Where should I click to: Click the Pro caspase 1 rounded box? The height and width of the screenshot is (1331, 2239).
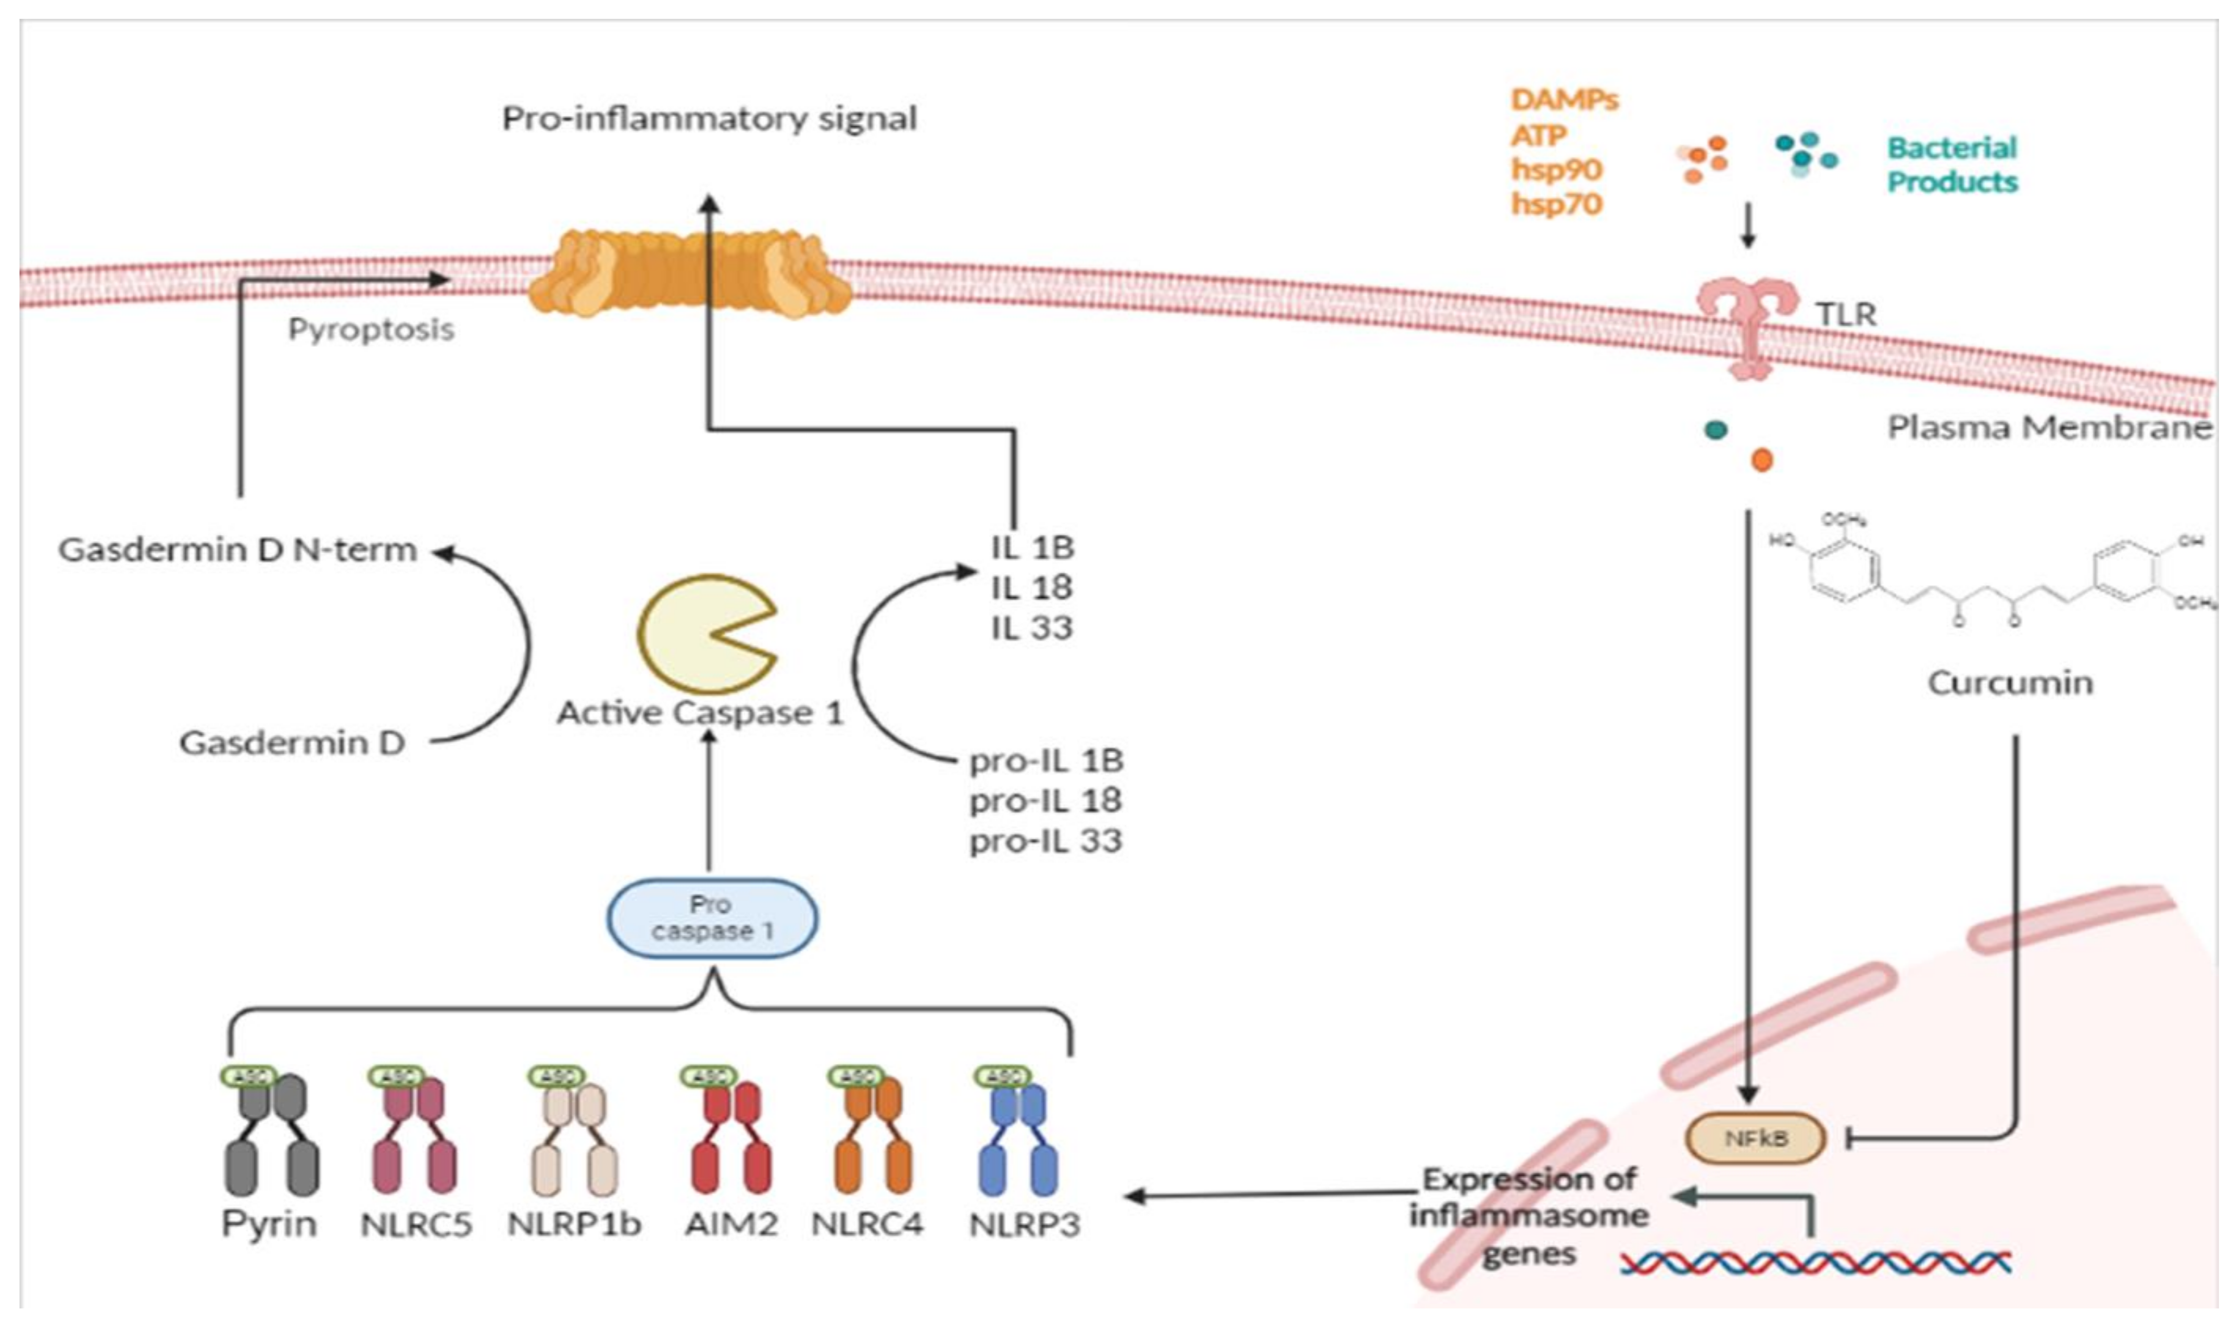point(712,917)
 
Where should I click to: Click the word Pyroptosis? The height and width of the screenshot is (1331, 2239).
point(370,329)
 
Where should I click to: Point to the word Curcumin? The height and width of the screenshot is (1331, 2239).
point(2010,682)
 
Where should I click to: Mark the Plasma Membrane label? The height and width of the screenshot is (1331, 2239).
point(2048,427)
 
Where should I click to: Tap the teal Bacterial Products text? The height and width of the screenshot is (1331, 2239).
point(1952,164)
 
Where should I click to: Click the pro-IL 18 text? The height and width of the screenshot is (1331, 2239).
point(1046,800)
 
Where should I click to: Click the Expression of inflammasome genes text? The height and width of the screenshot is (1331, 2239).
point(1529,1216)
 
